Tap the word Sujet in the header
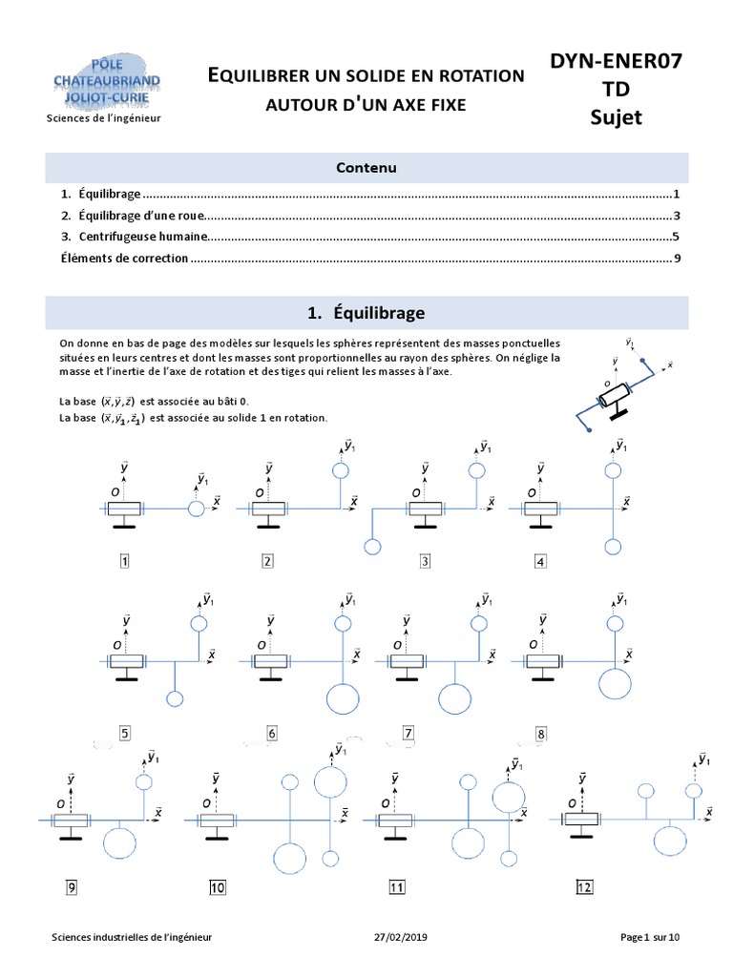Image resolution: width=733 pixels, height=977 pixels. click(616, 117)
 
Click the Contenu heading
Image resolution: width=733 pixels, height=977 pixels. click(366, 168)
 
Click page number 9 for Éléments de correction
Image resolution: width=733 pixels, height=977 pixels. click(676, 259)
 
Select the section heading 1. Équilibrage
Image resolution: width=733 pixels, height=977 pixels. click(366, 313)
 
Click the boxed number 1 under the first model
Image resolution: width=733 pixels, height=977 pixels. click(124, 561)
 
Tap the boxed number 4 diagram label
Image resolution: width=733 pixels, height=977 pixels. click(540, 561)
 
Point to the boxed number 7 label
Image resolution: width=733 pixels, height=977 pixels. click(408, 734)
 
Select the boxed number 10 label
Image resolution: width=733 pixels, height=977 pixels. click(217, 888)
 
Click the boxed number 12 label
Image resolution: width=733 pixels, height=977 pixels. click(585, 887)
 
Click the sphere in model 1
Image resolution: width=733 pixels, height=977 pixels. click(197, 509)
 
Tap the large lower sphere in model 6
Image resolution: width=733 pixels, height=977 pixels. click(344, 699)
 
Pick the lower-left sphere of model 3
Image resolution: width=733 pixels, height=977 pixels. click(372, 547)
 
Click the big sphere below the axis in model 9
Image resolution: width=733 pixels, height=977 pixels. click(119, 844)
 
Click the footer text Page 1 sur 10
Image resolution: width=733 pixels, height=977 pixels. click(650, 938)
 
